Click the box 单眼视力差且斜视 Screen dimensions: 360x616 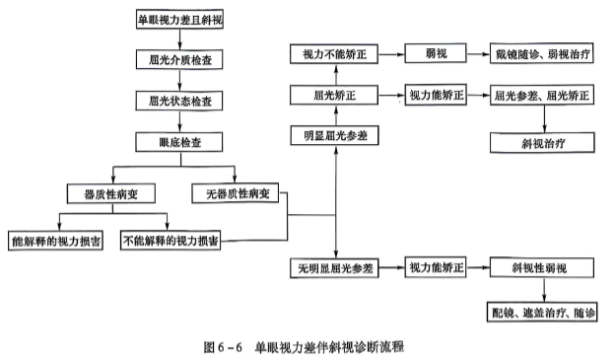[x=178, y=18]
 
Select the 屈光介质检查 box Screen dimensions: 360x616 [x=178, y=59]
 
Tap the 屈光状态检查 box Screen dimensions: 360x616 [x=178, y=101]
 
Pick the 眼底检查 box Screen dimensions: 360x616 [x=178, y=142]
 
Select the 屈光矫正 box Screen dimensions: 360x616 [x=336, y=96]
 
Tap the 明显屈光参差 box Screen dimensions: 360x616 [x=336, y=134]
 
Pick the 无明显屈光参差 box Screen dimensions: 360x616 [x=336, y=267]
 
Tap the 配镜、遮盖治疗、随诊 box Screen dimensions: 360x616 [x=544, y=313]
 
